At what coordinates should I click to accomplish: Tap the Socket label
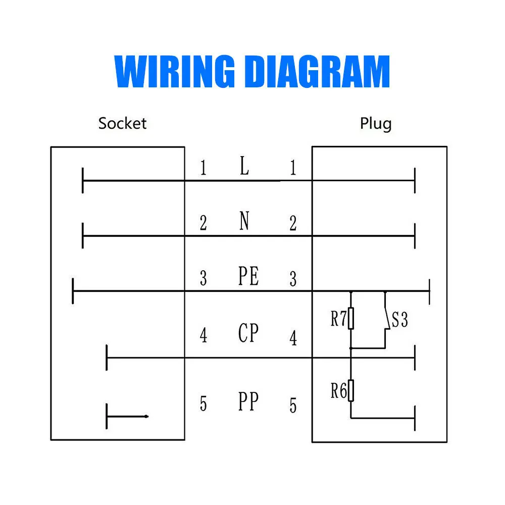(x=122, y=123)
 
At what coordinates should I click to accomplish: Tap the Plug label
(x=375, y=123)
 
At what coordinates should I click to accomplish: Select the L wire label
(x=244, y=166)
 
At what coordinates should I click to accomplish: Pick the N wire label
(x=244, y=221)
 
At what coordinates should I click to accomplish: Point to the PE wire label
(x=248, y=276)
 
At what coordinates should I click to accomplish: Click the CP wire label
(x=248, y=333)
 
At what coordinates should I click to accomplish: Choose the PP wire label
(x=248, y=401)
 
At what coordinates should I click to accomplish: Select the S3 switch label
(x=399, y=320)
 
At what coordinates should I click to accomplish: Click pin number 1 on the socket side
(x=203, y=168)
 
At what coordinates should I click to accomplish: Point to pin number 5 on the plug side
(x=293, y=406)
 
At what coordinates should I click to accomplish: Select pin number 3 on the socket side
(x=203, y=278)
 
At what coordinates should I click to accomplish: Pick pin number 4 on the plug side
(x=293, y=338)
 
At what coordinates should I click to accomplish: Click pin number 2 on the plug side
(x=293, y=223)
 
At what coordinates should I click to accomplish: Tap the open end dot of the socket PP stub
(x=146, y=417)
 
